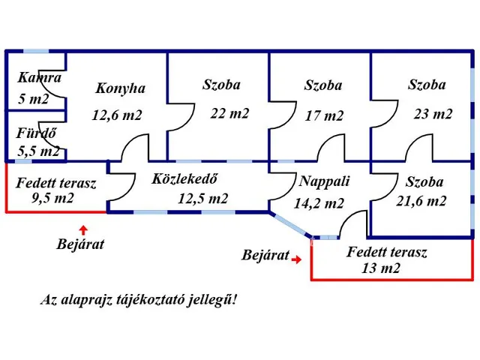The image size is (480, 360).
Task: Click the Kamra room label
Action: pyautogui.click(x=39, y=77)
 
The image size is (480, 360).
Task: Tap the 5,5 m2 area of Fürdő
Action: pyautogui.click(x=39, y=151)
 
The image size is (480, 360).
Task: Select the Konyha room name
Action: pyautogui.click(x=120, y=88)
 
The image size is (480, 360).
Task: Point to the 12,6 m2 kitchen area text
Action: pyautogui.click(x=117, y=115)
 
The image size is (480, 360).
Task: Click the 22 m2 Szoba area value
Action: pyautogui.click(x=229, y=113)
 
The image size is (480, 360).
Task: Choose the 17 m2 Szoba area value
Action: pyautogui.click(x=324, y=115)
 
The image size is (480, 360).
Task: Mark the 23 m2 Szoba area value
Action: pyautogui.click(x=433, y=114)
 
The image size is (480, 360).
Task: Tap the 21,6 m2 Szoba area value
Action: pyautogui.click(x=421, y=200)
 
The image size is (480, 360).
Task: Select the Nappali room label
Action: pyautogui.click(x=324, y=181)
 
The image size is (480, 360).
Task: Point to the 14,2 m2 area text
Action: pyautogui.click(x=320, y=202)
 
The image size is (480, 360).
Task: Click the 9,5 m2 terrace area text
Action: pyautogui.click(x=52, y=199)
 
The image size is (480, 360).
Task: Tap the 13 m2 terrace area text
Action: pyautogui.click(x=379, y=268)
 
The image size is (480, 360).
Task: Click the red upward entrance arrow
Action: pyautogui.click(x=83, y=228)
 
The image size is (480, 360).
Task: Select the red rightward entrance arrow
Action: pyautogui.click(x=298, y=259)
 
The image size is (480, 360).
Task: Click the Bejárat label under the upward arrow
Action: pyautogui.click(x=81, y=244)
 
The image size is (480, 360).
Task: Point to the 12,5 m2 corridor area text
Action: pyautogui.click(x=202, y=199)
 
